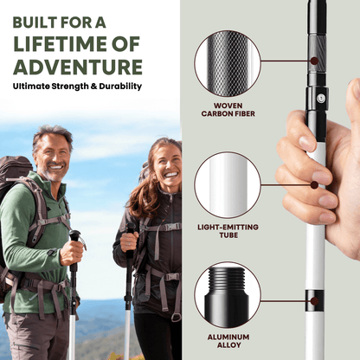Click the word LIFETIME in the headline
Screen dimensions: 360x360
tap(59, 42)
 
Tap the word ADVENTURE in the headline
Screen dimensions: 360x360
tap(77, 67)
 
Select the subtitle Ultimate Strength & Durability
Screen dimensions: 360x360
tap(77, 87)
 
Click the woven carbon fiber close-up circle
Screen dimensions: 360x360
tap(227, 62)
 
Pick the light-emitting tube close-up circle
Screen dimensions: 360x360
tap(227, 184)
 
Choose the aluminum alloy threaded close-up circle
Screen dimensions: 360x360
tap(227, 295)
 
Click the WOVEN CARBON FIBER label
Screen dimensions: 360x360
tap(228, 109)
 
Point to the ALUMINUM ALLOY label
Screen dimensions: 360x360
tap(228, 343)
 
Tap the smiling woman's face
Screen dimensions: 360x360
tap(165, 168)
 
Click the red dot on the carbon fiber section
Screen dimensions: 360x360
tap(313, 61)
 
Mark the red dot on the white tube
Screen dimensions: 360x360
tap(313, 184)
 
